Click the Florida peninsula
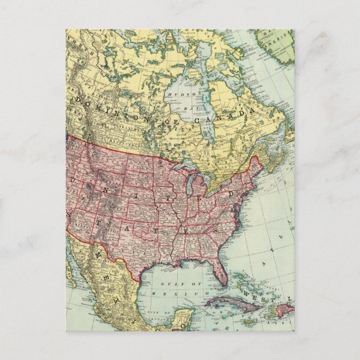pos(217,272)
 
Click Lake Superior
pos(179,165)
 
